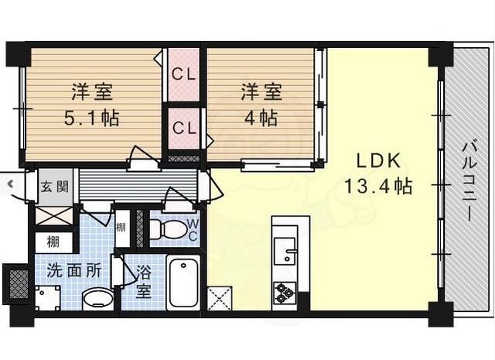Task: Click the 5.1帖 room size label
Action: pyautogui.click(x=91, y=118)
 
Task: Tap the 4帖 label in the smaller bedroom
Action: pyautogui.click(x=261, y=118)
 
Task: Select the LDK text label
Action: pyautogui.click(x=379, y=160)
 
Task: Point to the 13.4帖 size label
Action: pyautogui.click(x=378, y=186)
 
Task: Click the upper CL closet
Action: pyautogui.click(x=184, y=75)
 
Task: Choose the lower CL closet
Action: pyautogui.click(x=184, y=128)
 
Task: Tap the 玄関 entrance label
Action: pyautogui.click(x=55, y=187)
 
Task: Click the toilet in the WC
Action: pyautogui.click(x=167, y=229)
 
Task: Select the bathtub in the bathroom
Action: pyautogui.click(x=184, y=282)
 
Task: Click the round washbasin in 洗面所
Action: pyautogui.click(x=98, y=299)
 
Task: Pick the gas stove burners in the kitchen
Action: pyautogui.click(x=285, y=293)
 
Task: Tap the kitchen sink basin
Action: pyautogui.click(x=285, y=251)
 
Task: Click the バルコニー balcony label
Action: pyautogui.click(x=469, y=181)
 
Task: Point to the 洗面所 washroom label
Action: pyautogui.click(x=74, y=270)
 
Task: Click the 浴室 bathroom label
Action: pyautogui.click(x=143, y=282)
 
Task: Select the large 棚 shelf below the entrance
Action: pyautogui.click(x=53, y=242)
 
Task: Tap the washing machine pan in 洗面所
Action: pyautogui.click(x=47, y=298)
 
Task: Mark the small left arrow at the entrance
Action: pyautogui.click(x=10, y=183)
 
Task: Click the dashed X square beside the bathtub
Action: pyautogui.click(x=220, y=298)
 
